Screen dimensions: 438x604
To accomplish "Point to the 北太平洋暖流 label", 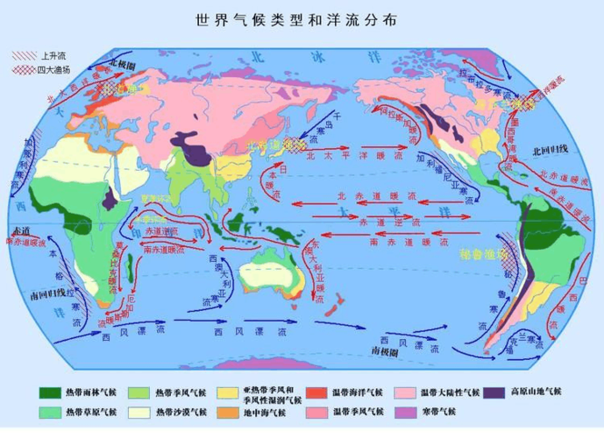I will click(x=342, y=156).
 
